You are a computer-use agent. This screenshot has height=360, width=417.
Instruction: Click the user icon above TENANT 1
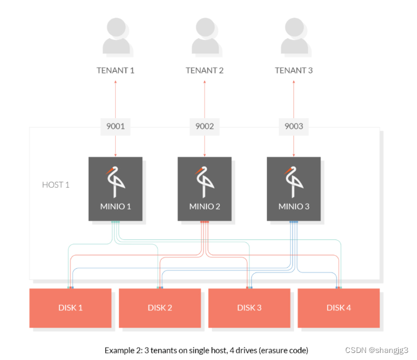coord(115,36)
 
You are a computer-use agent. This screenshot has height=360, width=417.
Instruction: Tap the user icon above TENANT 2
coord(205,36)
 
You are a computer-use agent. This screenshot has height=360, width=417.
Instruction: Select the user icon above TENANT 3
coord(293,36)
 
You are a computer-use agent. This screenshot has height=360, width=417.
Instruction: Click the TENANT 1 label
coord(115,71)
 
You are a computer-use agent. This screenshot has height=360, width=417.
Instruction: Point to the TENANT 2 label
coord(205,71)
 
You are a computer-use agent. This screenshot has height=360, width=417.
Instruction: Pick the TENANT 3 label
coord(293,71)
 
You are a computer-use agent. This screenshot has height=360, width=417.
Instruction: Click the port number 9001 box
coord(115,126)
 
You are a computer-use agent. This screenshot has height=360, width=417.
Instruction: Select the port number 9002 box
coord(205,126)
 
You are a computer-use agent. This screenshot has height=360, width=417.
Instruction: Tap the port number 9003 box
coord(293,126)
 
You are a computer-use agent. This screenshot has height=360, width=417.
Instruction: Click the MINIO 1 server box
coord(115,189)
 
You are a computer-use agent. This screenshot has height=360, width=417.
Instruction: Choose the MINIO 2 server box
coord(205,189)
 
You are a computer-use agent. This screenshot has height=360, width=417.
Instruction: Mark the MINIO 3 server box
coord(293,189)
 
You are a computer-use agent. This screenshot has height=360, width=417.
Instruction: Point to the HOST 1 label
coord(56,185)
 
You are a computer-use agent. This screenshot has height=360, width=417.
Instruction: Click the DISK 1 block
coord(70,308)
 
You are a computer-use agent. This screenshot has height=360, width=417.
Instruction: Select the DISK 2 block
coord(159,308)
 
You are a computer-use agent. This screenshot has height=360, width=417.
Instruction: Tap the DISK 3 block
coord(249,308)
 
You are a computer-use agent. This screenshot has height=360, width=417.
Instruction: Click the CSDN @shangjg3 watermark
coord(376,350)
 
